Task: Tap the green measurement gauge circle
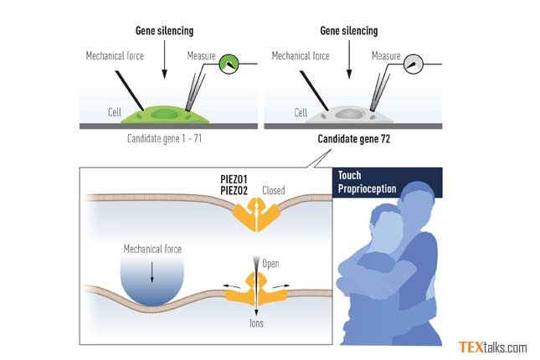pos(228,64)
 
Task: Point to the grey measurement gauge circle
pos(414,64)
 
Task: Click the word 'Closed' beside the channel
pos(274,190)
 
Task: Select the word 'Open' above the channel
pos(270,264)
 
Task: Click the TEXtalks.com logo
pos(492,347)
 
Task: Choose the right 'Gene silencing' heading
pos(349,31)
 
